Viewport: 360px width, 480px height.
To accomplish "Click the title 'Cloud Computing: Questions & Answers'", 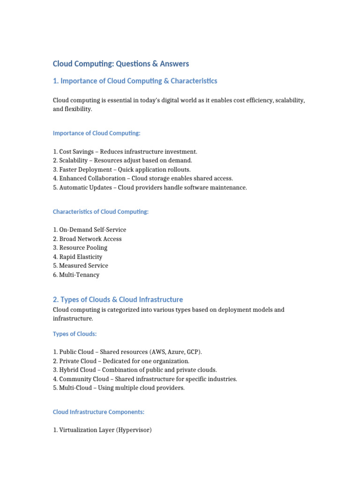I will pos(120,64).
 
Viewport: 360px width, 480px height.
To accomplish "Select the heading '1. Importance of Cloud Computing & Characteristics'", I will pos(135,81).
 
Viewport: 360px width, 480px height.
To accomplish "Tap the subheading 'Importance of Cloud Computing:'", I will pos(97,133).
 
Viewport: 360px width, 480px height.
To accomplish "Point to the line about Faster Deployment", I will pos(122,169).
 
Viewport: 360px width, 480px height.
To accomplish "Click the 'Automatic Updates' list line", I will pos(150,187).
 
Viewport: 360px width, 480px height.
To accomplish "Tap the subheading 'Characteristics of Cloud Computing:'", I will pos(101,212).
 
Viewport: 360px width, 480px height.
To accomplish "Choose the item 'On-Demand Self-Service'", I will pos(90,230).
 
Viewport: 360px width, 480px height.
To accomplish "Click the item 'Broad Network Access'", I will pos(87,239).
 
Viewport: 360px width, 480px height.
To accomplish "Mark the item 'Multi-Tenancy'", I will pos(76,275).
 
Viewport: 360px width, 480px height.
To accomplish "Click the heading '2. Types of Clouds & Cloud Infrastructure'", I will pos(118,300).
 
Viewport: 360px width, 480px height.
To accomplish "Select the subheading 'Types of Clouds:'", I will pos(75,334).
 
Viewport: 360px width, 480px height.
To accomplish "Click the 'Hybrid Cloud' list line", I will pos(135,370).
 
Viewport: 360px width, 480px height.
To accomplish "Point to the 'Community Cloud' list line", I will pos(145,379).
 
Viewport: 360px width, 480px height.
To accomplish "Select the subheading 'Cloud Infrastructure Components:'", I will pos(98,412).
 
